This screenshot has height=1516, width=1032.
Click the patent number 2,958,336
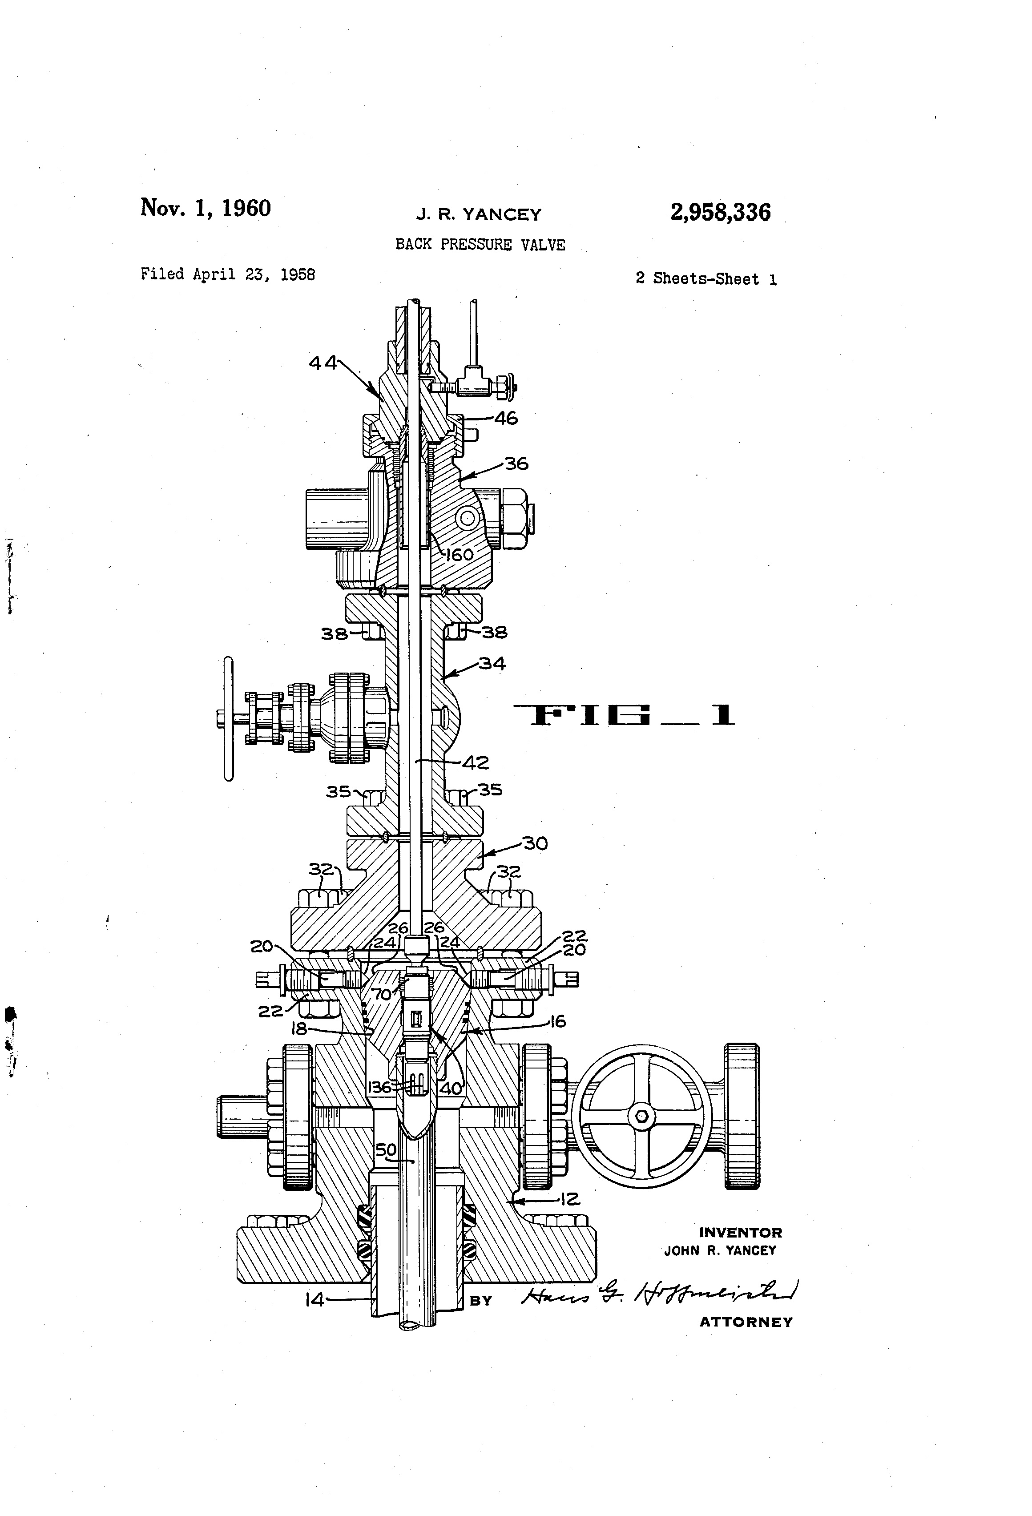[720, 213]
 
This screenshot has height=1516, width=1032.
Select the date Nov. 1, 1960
[206, 208]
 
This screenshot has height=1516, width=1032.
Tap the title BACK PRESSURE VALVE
[480, 245]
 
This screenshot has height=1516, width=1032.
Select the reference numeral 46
[506, 418]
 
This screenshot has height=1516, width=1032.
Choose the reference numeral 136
[380, 1087]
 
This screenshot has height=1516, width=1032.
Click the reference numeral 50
[386, 1149]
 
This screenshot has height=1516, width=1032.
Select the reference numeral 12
[569, 1198]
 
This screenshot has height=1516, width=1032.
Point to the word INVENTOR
[740, 1233]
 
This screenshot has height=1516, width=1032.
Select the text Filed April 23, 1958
[228, 274]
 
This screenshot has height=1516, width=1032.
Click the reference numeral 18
[299, 1029]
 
